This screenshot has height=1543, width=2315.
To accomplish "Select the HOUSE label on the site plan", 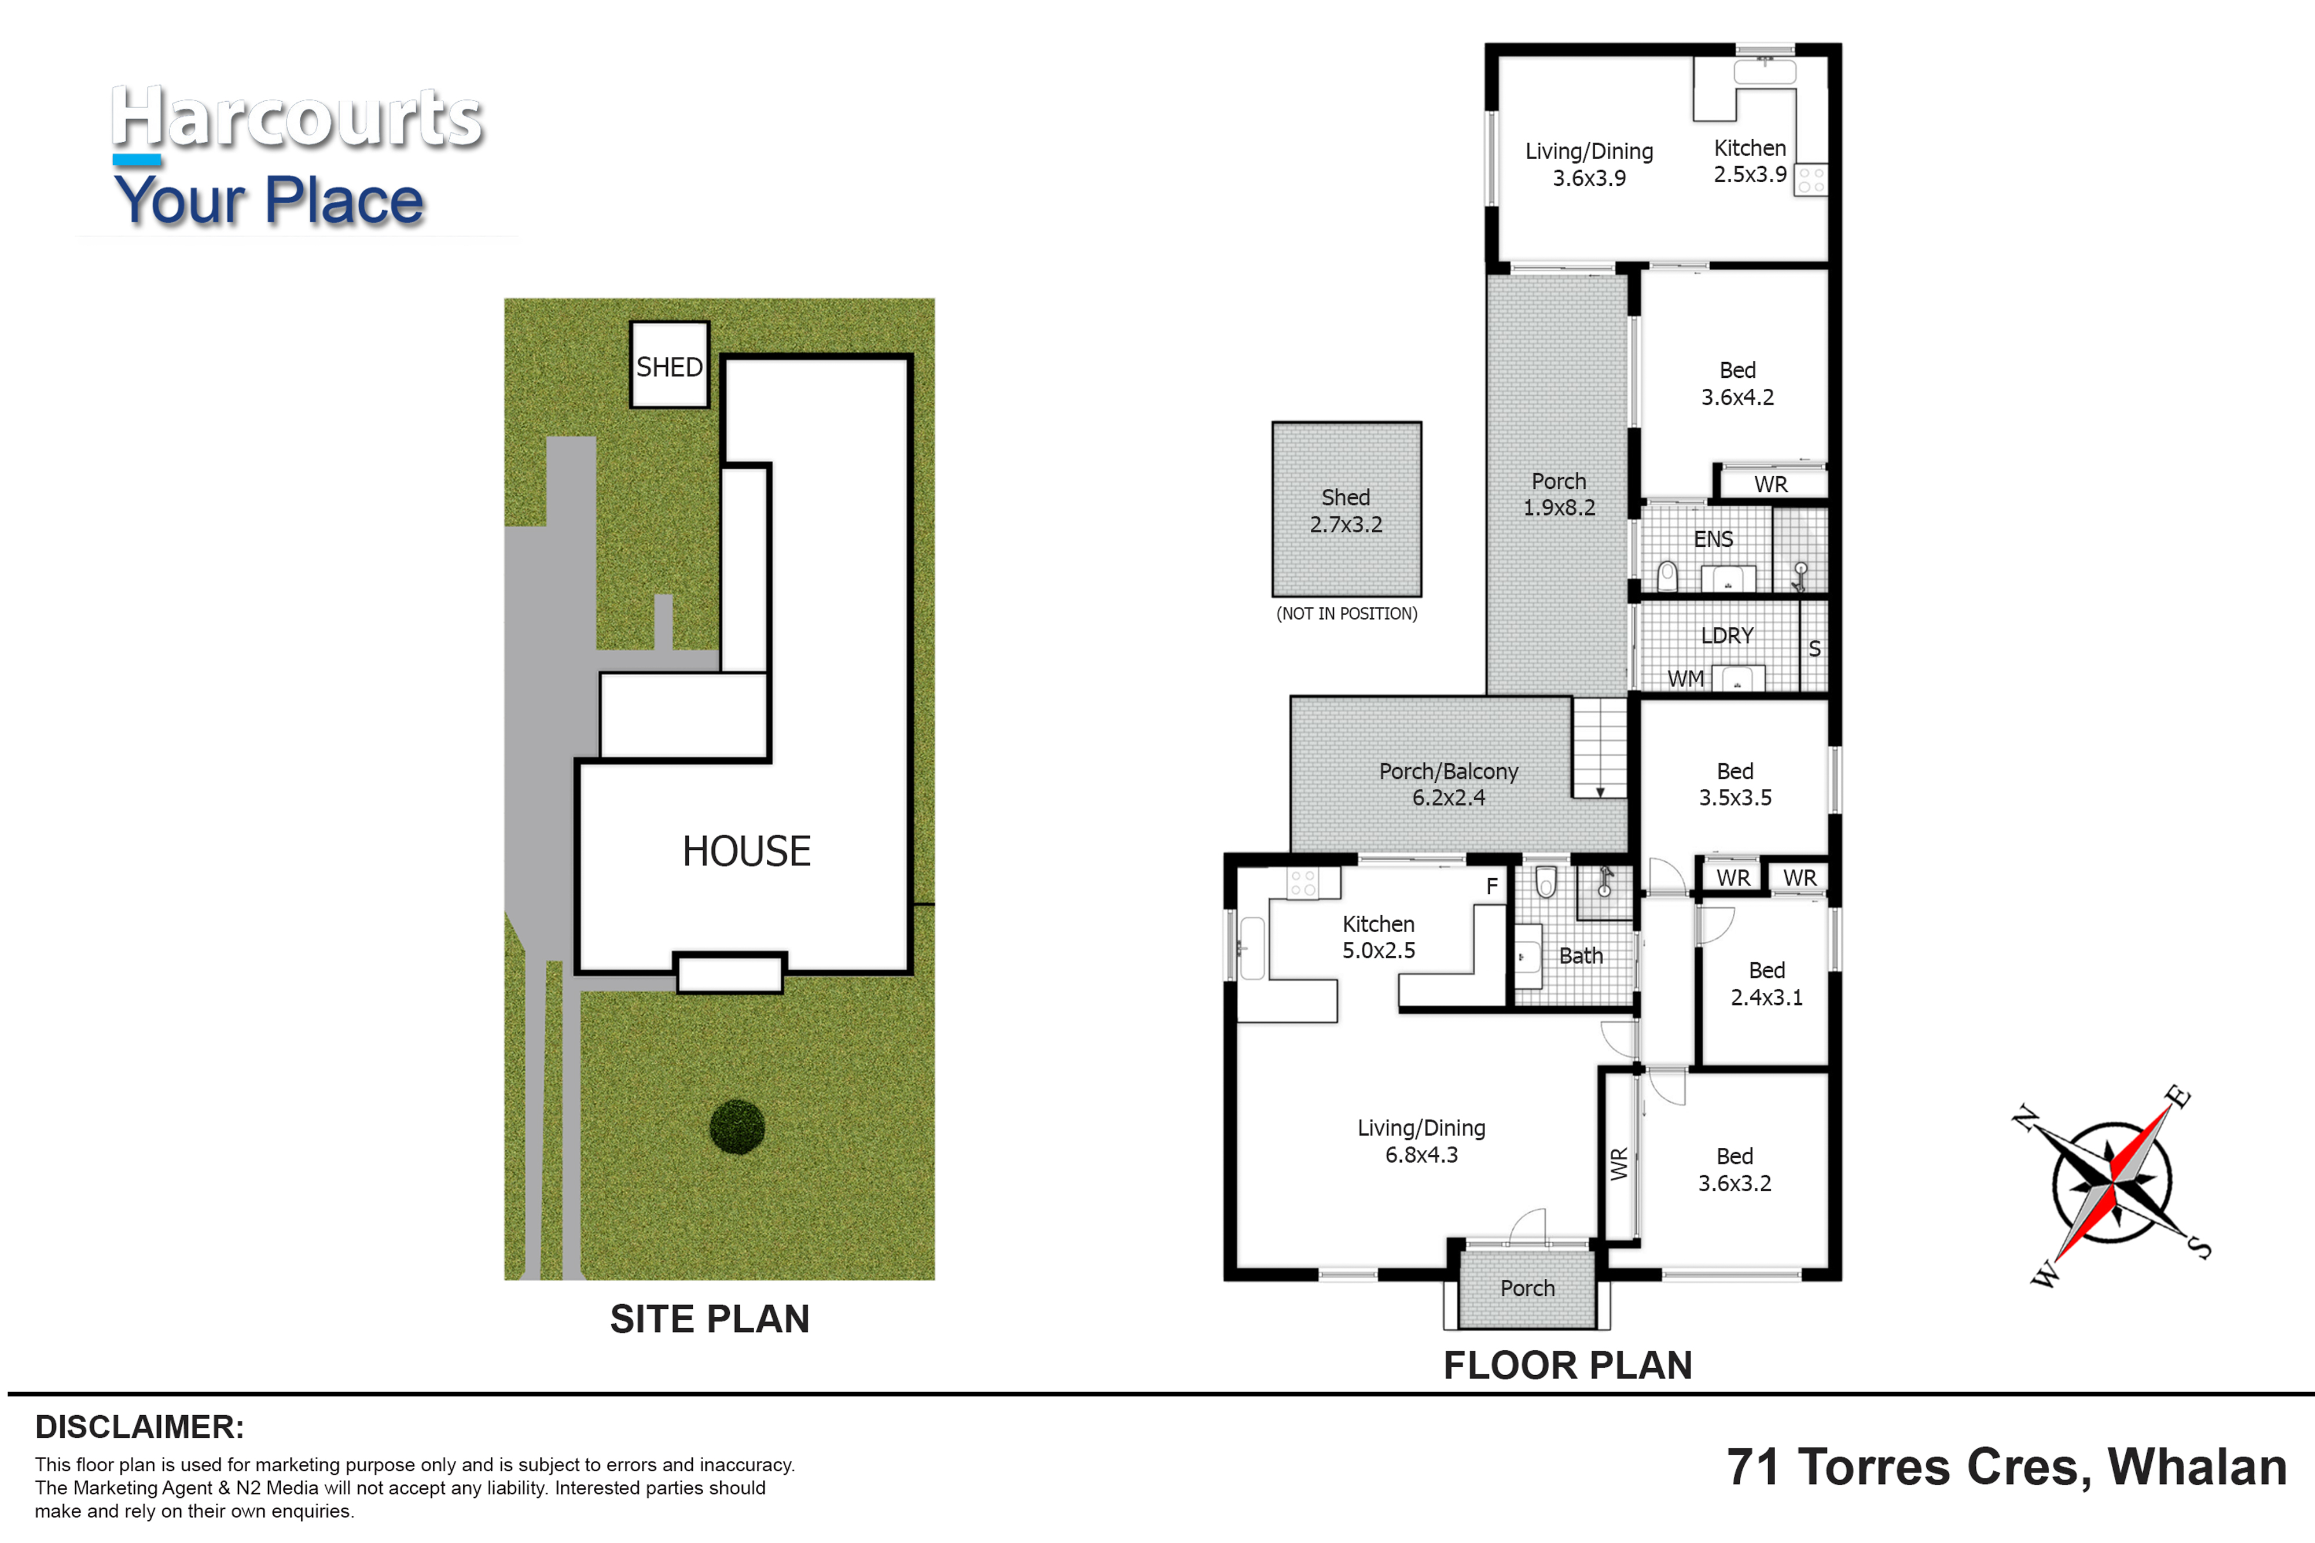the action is (x=747, y=851).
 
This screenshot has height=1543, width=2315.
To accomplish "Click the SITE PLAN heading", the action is (x=710, y=1319).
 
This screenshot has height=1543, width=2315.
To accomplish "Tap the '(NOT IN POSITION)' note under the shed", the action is (x=1347, y=614).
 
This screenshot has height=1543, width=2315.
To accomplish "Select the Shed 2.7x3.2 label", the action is (x=1346, y=511).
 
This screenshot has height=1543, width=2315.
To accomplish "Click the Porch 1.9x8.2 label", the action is (x=1559, y=494).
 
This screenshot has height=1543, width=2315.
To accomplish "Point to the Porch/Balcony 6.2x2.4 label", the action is (x=1449, y=785).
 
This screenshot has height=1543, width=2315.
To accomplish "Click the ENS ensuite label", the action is (x=1714, y=539).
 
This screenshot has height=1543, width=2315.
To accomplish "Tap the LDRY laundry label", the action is (x=1728, y=636).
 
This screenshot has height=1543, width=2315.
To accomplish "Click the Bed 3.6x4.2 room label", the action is (x=1737, y=384).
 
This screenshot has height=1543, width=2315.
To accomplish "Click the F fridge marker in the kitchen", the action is (x=1492, y=886).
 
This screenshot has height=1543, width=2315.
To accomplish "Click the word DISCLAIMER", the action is (x=139, y=1427).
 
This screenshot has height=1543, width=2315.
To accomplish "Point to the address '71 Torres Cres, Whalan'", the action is (x=2007, y=1467).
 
